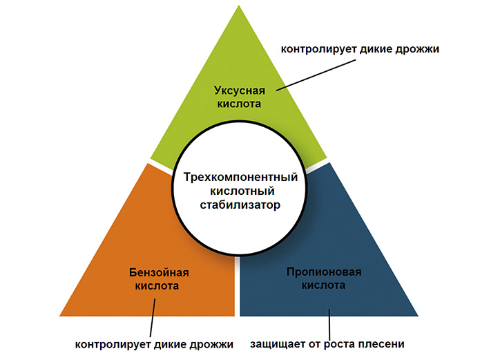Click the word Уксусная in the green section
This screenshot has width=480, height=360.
[x=240, y=91]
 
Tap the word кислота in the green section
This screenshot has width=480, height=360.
[x=239, y=104]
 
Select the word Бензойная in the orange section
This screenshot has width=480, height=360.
[x=159, y=272]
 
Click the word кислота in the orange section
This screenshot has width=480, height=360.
[x=157, y=286]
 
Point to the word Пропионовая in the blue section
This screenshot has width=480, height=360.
[x=324, y=272]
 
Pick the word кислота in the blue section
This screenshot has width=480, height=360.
[x=324, y=285]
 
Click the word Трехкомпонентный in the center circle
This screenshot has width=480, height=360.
[x=240, y=178]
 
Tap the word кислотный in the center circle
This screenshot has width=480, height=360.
[x=242, y=191]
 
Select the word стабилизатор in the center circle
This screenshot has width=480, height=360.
[x=240, y=205]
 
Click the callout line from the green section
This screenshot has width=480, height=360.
[x=316, y=75]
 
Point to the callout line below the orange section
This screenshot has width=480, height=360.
[x=153, y=318]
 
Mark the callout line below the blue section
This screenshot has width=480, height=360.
[x=329, y=325]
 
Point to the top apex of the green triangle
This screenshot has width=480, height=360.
[x=239, y=6]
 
